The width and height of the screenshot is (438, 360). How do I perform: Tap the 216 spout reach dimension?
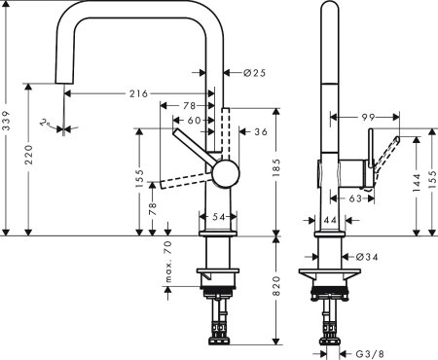tap(138, 93)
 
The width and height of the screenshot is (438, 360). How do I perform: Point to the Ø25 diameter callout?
tap(255, 72)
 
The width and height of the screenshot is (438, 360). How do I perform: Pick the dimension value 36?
tap(260, 131)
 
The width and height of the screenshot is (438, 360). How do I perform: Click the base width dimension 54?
tap(219, 214)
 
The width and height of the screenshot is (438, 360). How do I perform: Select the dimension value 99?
tap(369, 117)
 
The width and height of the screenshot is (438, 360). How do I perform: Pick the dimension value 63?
tap(355, 198)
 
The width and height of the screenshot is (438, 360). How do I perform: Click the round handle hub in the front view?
tap(225, 174)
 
